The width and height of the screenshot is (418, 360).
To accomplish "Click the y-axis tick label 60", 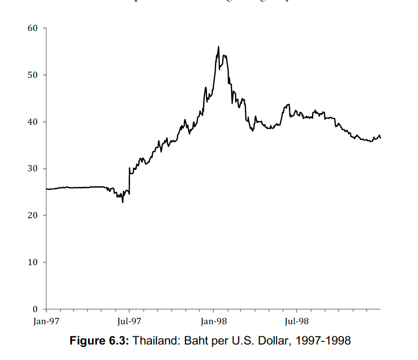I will click(33, 28).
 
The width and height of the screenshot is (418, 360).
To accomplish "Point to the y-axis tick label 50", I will click(33, 75).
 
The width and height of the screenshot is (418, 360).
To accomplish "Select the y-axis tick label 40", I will click(33, 122).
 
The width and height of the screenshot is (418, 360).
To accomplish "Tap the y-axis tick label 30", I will click(33, 169).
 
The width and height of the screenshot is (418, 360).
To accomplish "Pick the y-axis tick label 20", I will click(33, 215).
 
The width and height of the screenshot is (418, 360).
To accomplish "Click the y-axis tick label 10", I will click(33, 262).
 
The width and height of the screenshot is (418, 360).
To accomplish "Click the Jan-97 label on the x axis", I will click(46, 321).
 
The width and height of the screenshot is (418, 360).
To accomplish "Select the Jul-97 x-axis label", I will click(129, 321).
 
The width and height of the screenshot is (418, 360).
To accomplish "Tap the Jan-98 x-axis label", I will click(213, 321).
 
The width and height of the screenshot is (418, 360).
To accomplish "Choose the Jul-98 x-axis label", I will click(296, 321).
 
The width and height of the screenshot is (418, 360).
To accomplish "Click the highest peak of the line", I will click(219, 46).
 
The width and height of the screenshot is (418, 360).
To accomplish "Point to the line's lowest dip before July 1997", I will click(123, 202).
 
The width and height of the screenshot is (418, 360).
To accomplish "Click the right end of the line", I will click(380, 138).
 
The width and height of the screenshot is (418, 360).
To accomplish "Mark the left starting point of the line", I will click(46, 189).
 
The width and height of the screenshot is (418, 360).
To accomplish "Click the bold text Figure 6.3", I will click(100, 341).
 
